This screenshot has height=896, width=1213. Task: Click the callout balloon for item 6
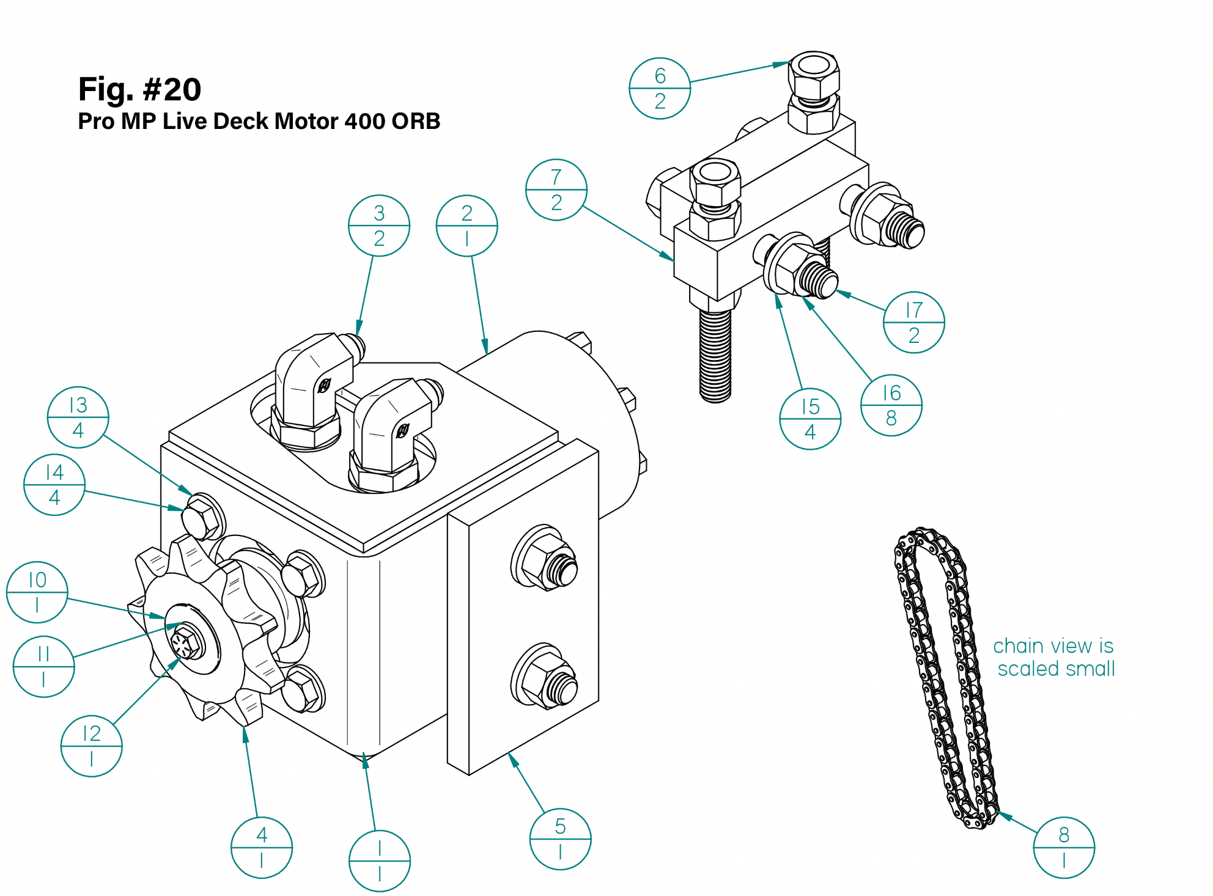pos(660,89)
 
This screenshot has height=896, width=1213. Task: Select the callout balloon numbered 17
pos(914,323)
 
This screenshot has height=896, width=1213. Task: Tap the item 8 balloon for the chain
pos(1064,848)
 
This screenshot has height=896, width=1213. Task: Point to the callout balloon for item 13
pos(78,417)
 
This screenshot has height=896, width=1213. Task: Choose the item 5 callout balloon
pos(560,839)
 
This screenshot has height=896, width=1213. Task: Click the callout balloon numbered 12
pos(92,746)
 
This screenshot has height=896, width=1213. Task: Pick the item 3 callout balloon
pos(379,226)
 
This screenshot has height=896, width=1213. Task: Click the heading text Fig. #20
pos(140,89)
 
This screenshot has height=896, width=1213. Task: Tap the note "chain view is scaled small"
pos(1054,657)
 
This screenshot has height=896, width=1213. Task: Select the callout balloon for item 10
pos(37,592)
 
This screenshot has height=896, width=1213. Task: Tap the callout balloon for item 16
pos(891,405)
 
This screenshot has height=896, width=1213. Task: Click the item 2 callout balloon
pos(467,226)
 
